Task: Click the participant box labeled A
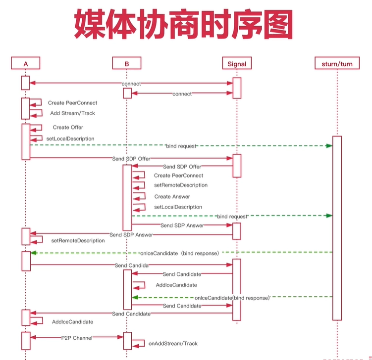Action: tap(26, 63)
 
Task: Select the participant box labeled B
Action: tap(127, 63)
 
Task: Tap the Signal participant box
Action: tap(237, 63)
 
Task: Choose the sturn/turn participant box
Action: tap(337, 63)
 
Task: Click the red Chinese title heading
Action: tap(183, 24)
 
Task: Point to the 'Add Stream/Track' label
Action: tap(73, 113)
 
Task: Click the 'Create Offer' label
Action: tap(68, 128)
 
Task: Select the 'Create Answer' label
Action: tap(172, 197)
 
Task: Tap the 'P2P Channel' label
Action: tap(77, 338)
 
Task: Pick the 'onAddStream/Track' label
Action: tap(173, 343)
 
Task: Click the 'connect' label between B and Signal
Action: tap(182, 94)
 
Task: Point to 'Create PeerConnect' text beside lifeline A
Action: tap(73, 103)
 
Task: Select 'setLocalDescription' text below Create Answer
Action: tap(178, 207)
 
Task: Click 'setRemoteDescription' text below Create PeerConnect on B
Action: tap(181, 185)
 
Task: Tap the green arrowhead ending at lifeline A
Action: tap(34, 253)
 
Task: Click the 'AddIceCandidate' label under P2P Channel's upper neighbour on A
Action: tap(73, 321)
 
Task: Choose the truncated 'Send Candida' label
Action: tap(132, 266)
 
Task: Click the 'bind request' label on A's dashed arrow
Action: tap(181, 146)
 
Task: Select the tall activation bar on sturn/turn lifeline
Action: tap(337, 228)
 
